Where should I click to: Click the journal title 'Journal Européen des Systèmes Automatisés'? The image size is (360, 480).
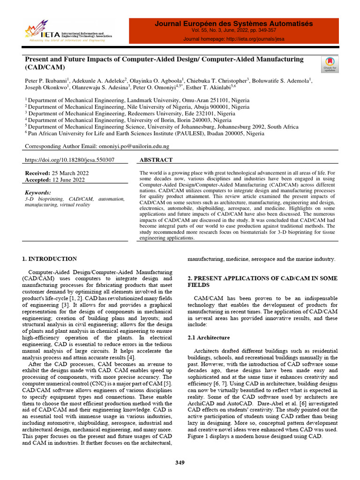tap(234, 24)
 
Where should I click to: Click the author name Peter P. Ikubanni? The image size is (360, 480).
tap(46, 81)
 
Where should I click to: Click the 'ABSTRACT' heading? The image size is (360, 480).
tap(156, 160)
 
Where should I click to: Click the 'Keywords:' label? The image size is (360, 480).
tap(37, 193)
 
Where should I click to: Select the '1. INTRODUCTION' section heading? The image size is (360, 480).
tap(50, 259)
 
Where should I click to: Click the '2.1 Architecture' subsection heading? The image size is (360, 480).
tap(209, 337)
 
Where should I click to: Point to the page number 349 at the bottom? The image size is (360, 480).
tap(180, 463)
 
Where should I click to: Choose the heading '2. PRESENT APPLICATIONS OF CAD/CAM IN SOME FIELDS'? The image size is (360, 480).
tap(262, 281)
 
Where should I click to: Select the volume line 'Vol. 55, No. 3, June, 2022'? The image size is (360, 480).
tap(224, 30)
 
